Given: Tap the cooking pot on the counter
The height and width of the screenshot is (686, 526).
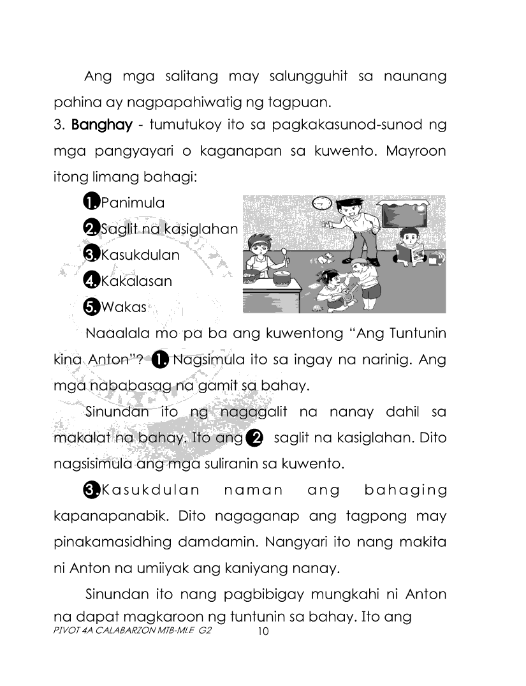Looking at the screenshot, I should click(x=281, y=276).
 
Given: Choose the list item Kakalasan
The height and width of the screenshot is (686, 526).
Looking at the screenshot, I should click(x=136, y=281).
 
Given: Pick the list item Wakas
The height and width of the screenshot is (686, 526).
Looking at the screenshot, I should click(x=124, y=307).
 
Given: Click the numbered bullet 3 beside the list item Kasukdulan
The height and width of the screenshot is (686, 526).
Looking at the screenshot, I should click(x=92, y=255).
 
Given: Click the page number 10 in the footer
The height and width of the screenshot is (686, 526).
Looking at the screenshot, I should click(x=263, y=632).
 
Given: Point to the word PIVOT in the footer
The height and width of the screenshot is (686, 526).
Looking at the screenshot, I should click(x=65, y=629).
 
